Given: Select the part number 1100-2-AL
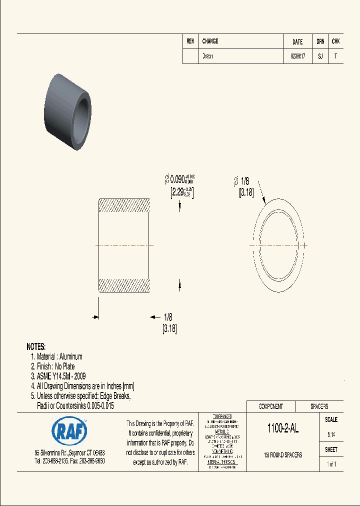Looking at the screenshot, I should pyautogui.click(x=283, y=428).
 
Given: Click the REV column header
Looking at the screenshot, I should pyautogui.click(x=190, y=41).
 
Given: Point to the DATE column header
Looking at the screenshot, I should pyautogui.click(x=297, y=42).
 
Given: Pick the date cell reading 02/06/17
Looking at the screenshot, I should pyautogui.click(x=297, y=56).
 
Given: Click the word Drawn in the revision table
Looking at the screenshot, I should pyautogui.click(x=208, y=56).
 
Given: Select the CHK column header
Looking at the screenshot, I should pyautogui.click(x=335, y=42).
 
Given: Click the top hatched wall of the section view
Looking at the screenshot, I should pyautogui.click(x=124, y=205).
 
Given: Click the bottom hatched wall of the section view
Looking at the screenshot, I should pyautogui.click(x=124, y=285).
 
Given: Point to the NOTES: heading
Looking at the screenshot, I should pyautogui.click(x=36, y=346).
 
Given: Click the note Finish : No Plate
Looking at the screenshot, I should pyautogui.click(x=56, y=366).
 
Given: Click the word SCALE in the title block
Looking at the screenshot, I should pyautogui.click(x=331, y=420).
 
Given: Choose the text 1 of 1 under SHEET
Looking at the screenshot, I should pyautogui.click(x=331, y=464).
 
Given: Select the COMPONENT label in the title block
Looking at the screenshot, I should pyautogui.click(x=270, y=406).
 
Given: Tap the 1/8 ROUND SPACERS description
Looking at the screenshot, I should pyautogui.click(x=283, y=455).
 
